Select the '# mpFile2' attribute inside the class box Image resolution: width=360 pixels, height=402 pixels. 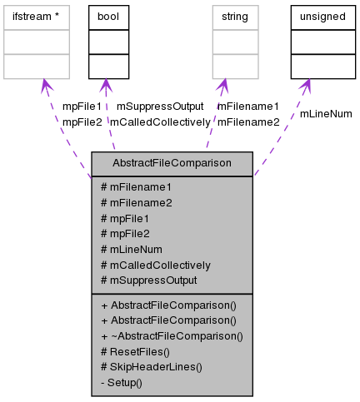(x=124, y=233)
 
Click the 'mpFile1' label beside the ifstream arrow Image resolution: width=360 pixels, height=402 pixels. (x=82, y=107)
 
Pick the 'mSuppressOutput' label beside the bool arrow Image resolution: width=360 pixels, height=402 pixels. (x=160, y=107)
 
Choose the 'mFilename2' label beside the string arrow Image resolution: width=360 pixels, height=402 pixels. (x=248, y=122)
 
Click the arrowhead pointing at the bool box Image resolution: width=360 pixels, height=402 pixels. (x=104, y=85)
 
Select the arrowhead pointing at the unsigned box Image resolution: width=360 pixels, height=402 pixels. (x=307, y=85)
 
